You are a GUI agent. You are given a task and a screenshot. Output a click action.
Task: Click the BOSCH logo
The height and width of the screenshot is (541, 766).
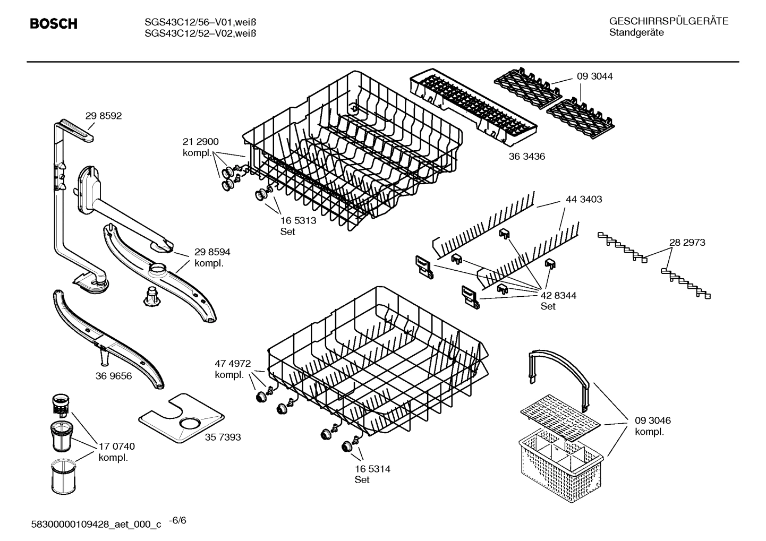click(54, 24)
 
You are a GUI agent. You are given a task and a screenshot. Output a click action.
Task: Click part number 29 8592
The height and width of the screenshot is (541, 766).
click(103, 116)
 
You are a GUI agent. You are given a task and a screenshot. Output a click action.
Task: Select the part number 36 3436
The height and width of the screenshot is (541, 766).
click(526, 156)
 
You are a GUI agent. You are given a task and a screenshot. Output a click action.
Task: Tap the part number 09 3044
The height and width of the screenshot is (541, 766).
click(594, 76)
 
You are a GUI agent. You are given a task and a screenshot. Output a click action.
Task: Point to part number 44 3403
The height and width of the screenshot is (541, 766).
click(584, 199)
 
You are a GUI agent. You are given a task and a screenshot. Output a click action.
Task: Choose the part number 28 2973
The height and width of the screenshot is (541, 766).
click(687, 242)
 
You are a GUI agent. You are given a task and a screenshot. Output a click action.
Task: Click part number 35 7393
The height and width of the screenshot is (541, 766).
click(223, 437)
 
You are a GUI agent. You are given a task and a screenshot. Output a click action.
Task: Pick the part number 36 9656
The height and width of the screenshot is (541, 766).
click(114, 376)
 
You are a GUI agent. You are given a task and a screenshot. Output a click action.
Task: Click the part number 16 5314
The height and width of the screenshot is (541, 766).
click(372, 469)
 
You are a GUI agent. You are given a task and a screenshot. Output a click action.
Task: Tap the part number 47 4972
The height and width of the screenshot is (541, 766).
click(232, 363)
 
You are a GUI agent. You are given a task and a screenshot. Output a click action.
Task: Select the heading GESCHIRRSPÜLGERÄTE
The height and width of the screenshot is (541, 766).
click(668, 21)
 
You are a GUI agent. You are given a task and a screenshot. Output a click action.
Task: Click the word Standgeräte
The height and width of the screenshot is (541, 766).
click(636, 33)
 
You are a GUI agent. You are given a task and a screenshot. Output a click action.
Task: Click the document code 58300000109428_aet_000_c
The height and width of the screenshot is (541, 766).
click(96, 524)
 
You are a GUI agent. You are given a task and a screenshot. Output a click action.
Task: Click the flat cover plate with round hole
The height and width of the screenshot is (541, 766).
click(181, 419)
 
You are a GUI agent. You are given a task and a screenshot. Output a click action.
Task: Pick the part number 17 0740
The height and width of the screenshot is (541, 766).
click(116, 446)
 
